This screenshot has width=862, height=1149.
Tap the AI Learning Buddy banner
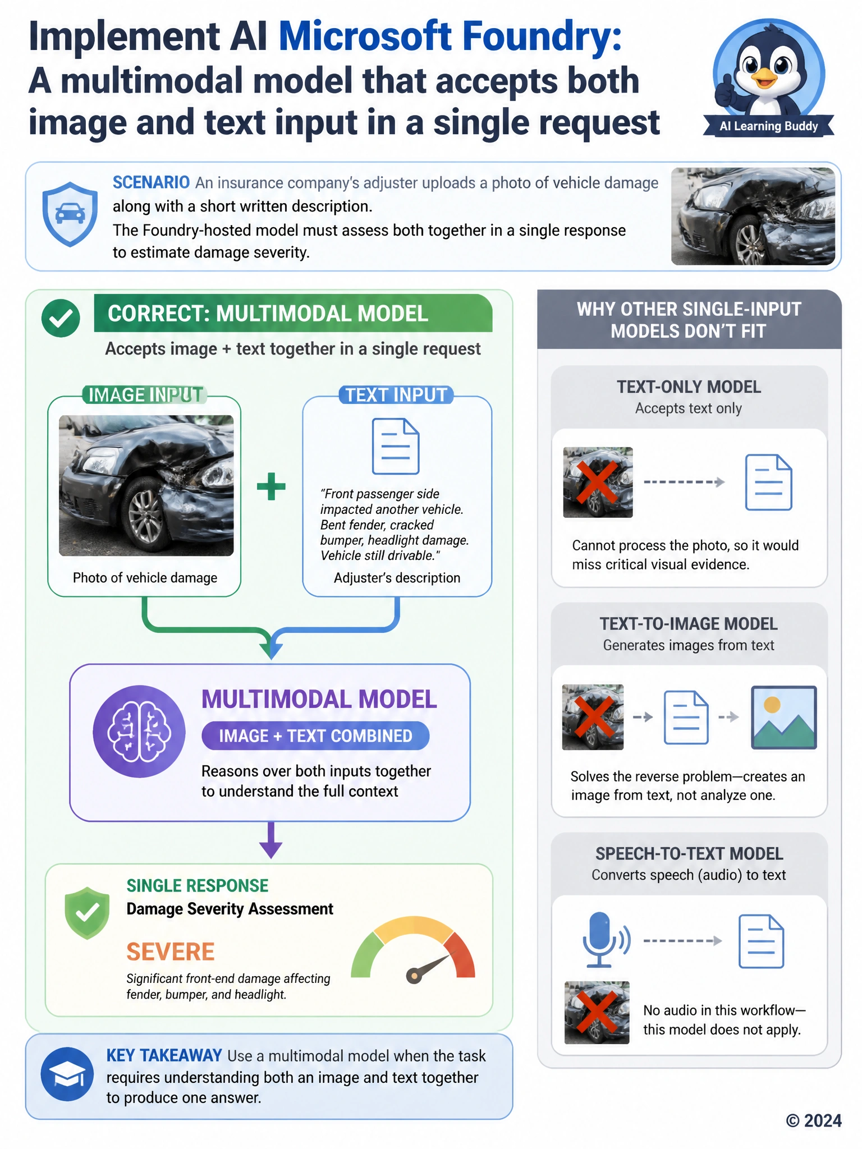[769, 126]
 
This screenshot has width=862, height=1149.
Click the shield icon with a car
[70, 214]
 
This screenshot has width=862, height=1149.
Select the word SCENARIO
[151, 182]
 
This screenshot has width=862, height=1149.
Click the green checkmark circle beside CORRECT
[61, 318]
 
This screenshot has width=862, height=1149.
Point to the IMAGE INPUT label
[145, 395]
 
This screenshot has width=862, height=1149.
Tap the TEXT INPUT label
[396, 395]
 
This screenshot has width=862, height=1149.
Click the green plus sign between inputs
[271, 486]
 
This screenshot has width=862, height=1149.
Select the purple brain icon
[139, 731]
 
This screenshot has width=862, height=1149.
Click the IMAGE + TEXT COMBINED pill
[315, 736]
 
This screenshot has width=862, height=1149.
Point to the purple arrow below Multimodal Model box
[270, 840]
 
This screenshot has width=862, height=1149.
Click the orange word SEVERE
[171, 952]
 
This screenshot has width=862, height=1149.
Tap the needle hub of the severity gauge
[414, 976]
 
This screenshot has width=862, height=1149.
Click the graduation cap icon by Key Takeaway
[67, 1074]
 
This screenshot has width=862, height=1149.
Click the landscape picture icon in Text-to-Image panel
[784, 717]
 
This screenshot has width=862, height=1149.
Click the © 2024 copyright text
[814, 1120]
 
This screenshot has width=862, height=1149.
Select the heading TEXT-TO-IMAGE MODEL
[689, 623]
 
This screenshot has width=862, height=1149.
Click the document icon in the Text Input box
[396, 447]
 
